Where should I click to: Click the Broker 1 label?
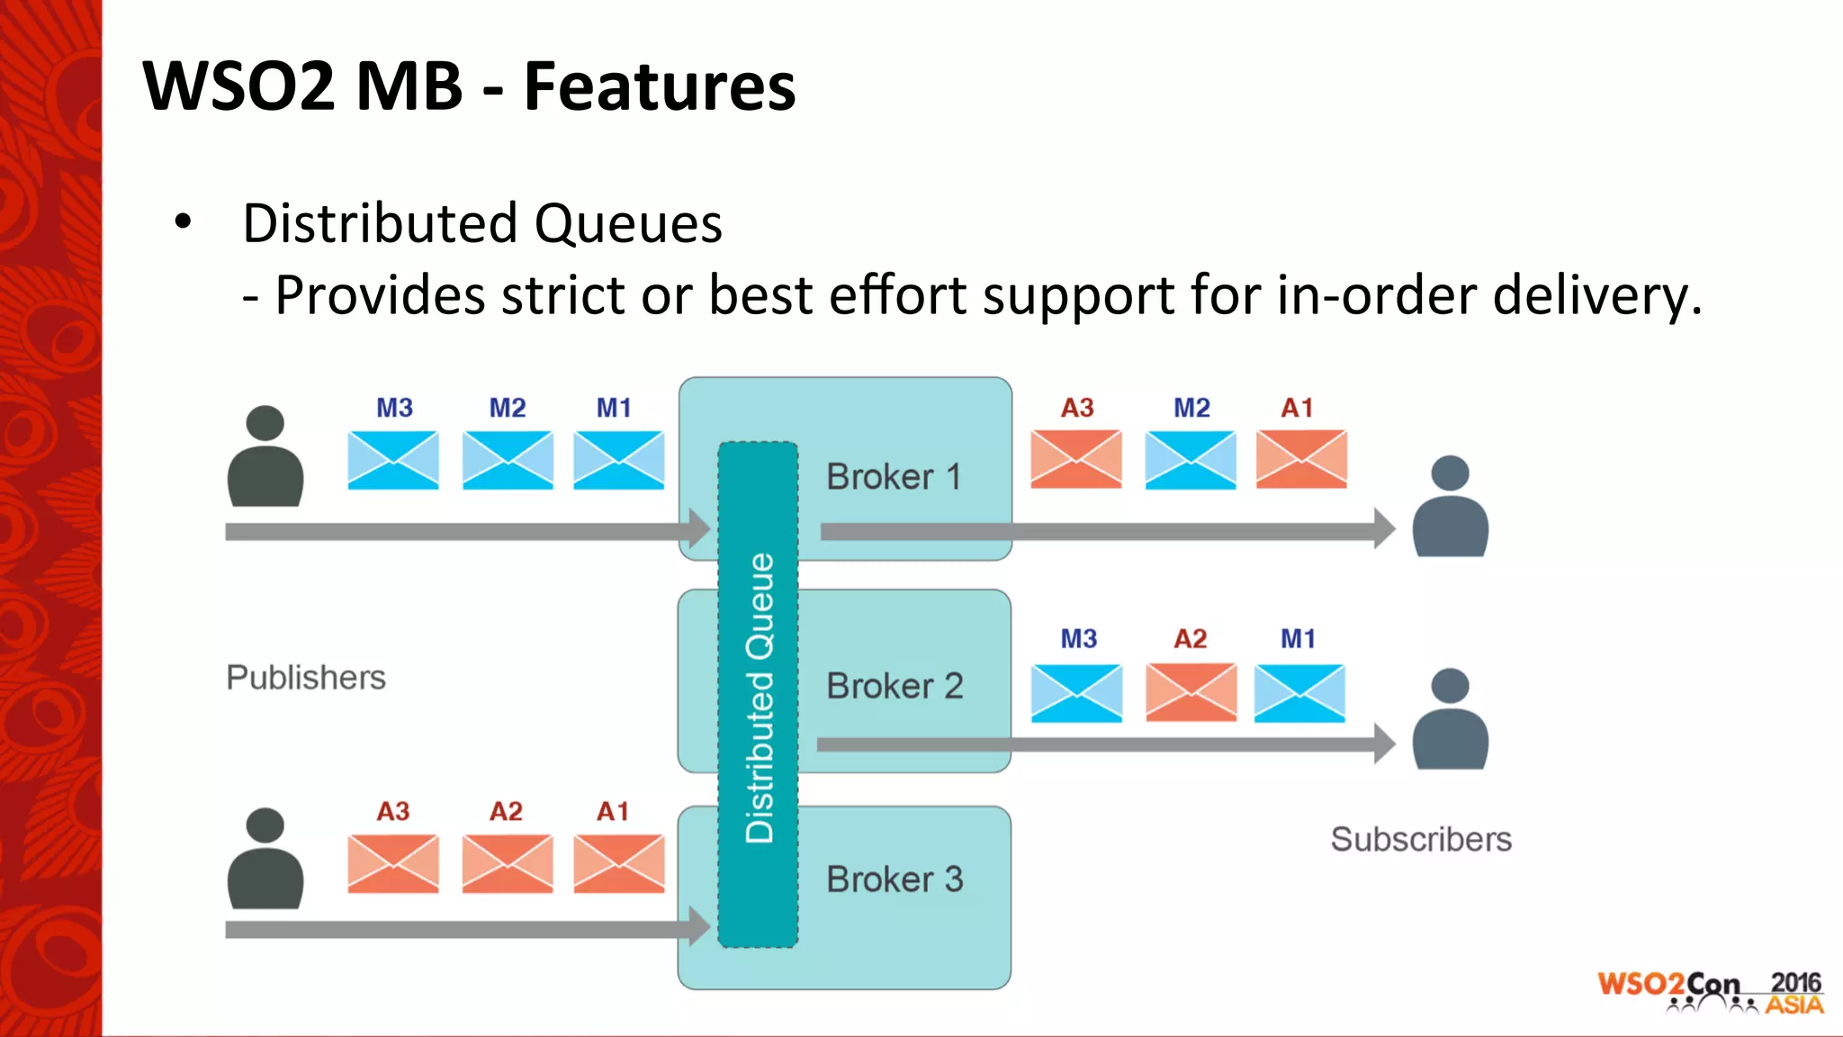point(894,477)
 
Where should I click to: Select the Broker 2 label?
point(895,687)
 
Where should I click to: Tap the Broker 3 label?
point(895,879)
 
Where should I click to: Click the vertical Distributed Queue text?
point(760,698)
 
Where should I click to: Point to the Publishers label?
point(305,678)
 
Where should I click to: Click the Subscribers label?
point(1421,840)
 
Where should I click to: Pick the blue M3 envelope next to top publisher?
point(393,460)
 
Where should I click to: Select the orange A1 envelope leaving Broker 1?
point(1301,459)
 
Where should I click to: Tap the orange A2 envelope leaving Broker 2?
point(1191,692)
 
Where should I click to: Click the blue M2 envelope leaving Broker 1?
point(1191,459)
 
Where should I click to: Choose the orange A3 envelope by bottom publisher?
point(393,863)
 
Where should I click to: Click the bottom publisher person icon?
point(265,859)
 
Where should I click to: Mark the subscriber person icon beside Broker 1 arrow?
point(1450,507)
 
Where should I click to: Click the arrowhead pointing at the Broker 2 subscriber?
point(1384,744)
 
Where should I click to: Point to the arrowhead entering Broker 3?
point(699,927)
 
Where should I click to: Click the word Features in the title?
point(660,87)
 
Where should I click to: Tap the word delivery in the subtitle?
point(1596,295)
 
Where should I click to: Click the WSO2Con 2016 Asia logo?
point(1710,993)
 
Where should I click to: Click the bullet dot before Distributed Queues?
point(184,221)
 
